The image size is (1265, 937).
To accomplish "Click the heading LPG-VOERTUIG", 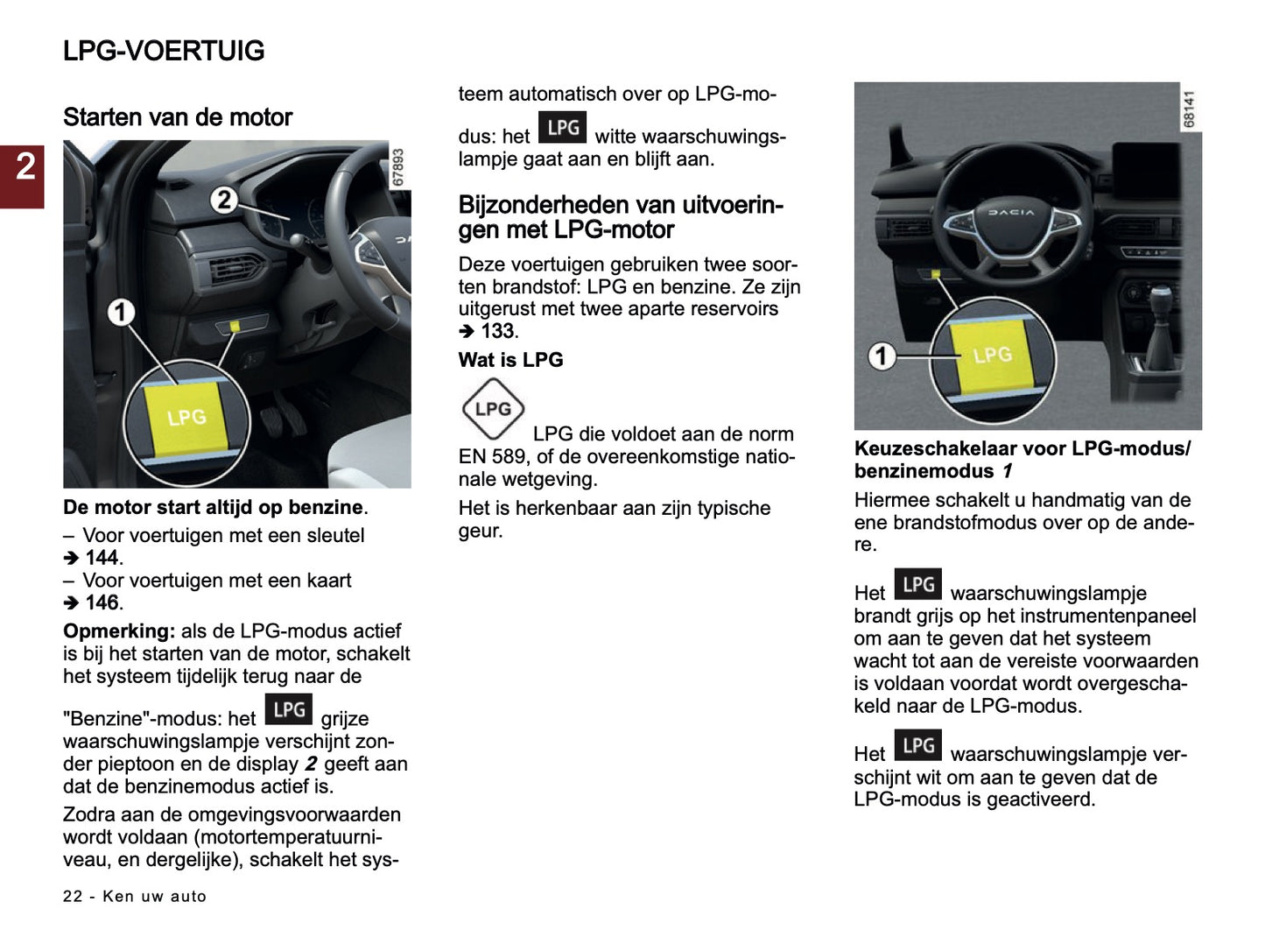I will coord(164,51).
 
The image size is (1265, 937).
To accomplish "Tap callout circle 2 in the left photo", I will coord(224,201).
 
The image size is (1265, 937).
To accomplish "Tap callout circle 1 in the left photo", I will coord(121,312).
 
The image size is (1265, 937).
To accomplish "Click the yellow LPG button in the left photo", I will coord(187,418).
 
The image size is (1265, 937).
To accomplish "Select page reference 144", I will coord(102,558).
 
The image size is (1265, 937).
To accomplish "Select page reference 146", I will coord(102,603).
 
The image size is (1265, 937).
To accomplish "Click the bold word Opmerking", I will coord(118,631).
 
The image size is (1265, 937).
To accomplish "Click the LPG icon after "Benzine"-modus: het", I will coord(288,710).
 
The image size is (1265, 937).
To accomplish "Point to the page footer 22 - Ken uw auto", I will coord(135,897).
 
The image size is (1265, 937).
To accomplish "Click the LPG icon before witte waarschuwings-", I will coord(562,128).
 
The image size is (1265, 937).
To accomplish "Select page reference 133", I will coord(496,332).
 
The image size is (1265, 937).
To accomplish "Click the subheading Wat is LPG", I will coord(510,360).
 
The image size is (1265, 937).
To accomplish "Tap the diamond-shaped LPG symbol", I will coord(493,409).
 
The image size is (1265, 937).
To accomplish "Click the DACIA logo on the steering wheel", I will coord(1010,213).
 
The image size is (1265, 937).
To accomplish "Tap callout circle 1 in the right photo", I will coord(882,356).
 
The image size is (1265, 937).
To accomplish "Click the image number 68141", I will coord(1188,109).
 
